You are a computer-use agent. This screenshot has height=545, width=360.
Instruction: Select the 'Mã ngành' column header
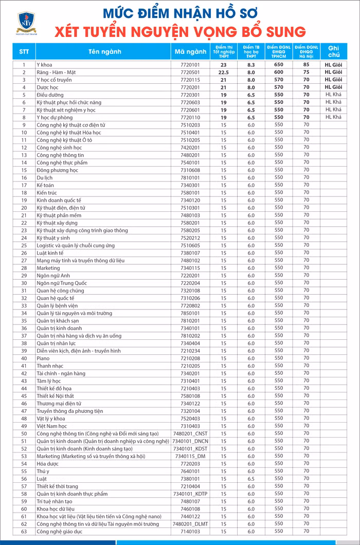coord(190,51)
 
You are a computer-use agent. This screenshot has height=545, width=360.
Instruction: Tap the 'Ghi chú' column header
coord(333,51)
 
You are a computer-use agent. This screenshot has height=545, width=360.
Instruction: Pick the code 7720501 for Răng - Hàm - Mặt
coord(190,72)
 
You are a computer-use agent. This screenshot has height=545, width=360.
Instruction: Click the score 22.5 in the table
coord(223,72)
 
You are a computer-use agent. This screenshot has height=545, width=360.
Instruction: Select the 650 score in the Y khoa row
coord(279,65)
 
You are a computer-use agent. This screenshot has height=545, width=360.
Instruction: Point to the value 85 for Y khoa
coord(307,65)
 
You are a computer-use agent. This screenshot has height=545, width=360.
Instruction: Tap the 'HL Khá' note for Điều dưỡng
coord(333,95)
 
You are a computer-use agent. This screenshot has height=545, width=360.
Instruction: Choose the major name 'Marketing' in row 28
coord(48,268)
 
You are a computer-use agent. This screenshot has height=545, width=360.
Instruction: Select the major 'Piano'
coord(43,358)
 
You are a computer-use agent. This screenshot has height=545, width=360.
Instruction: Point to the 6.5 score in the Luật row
coord(251,479)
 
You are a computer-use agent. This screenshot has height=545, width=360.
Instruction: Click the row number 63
coord(24,532)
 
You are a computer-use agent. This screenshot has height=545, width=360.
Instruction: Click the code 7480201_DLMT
coord(190,524)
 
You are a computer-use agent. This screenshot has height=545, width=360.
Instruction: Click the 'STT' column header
coord(24,51)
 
